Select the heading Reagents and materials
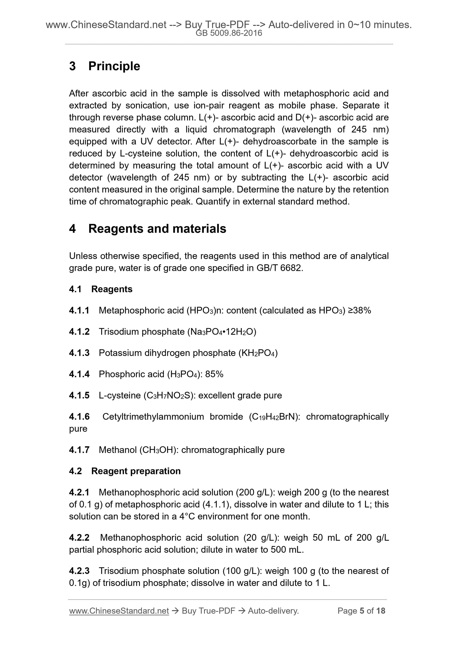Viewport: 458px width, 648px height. coord(157,229)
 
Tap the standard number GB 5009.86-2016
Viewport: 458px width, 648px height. coord(229,33)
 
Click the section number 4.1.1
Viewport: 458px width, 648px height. coord(79,310)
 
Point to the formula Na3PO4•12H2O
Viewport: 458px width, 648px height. coord(222,332)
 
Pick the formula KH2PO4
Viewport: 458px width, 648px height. coord(258,353)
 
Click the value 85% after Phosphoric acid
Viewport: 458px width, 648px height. coord(214,374)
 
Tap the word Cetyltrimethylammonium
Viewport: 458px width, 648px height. coord(153,417)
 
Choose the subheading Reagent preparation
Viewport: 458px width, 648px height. coord(136,471)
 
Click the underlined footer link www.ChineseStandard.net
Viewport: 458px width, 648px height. coord(119,611)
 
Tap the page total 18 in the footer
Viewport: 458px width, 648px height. coord(380,611)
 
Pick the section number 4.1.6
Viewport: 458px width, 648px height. coord(79,417)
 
